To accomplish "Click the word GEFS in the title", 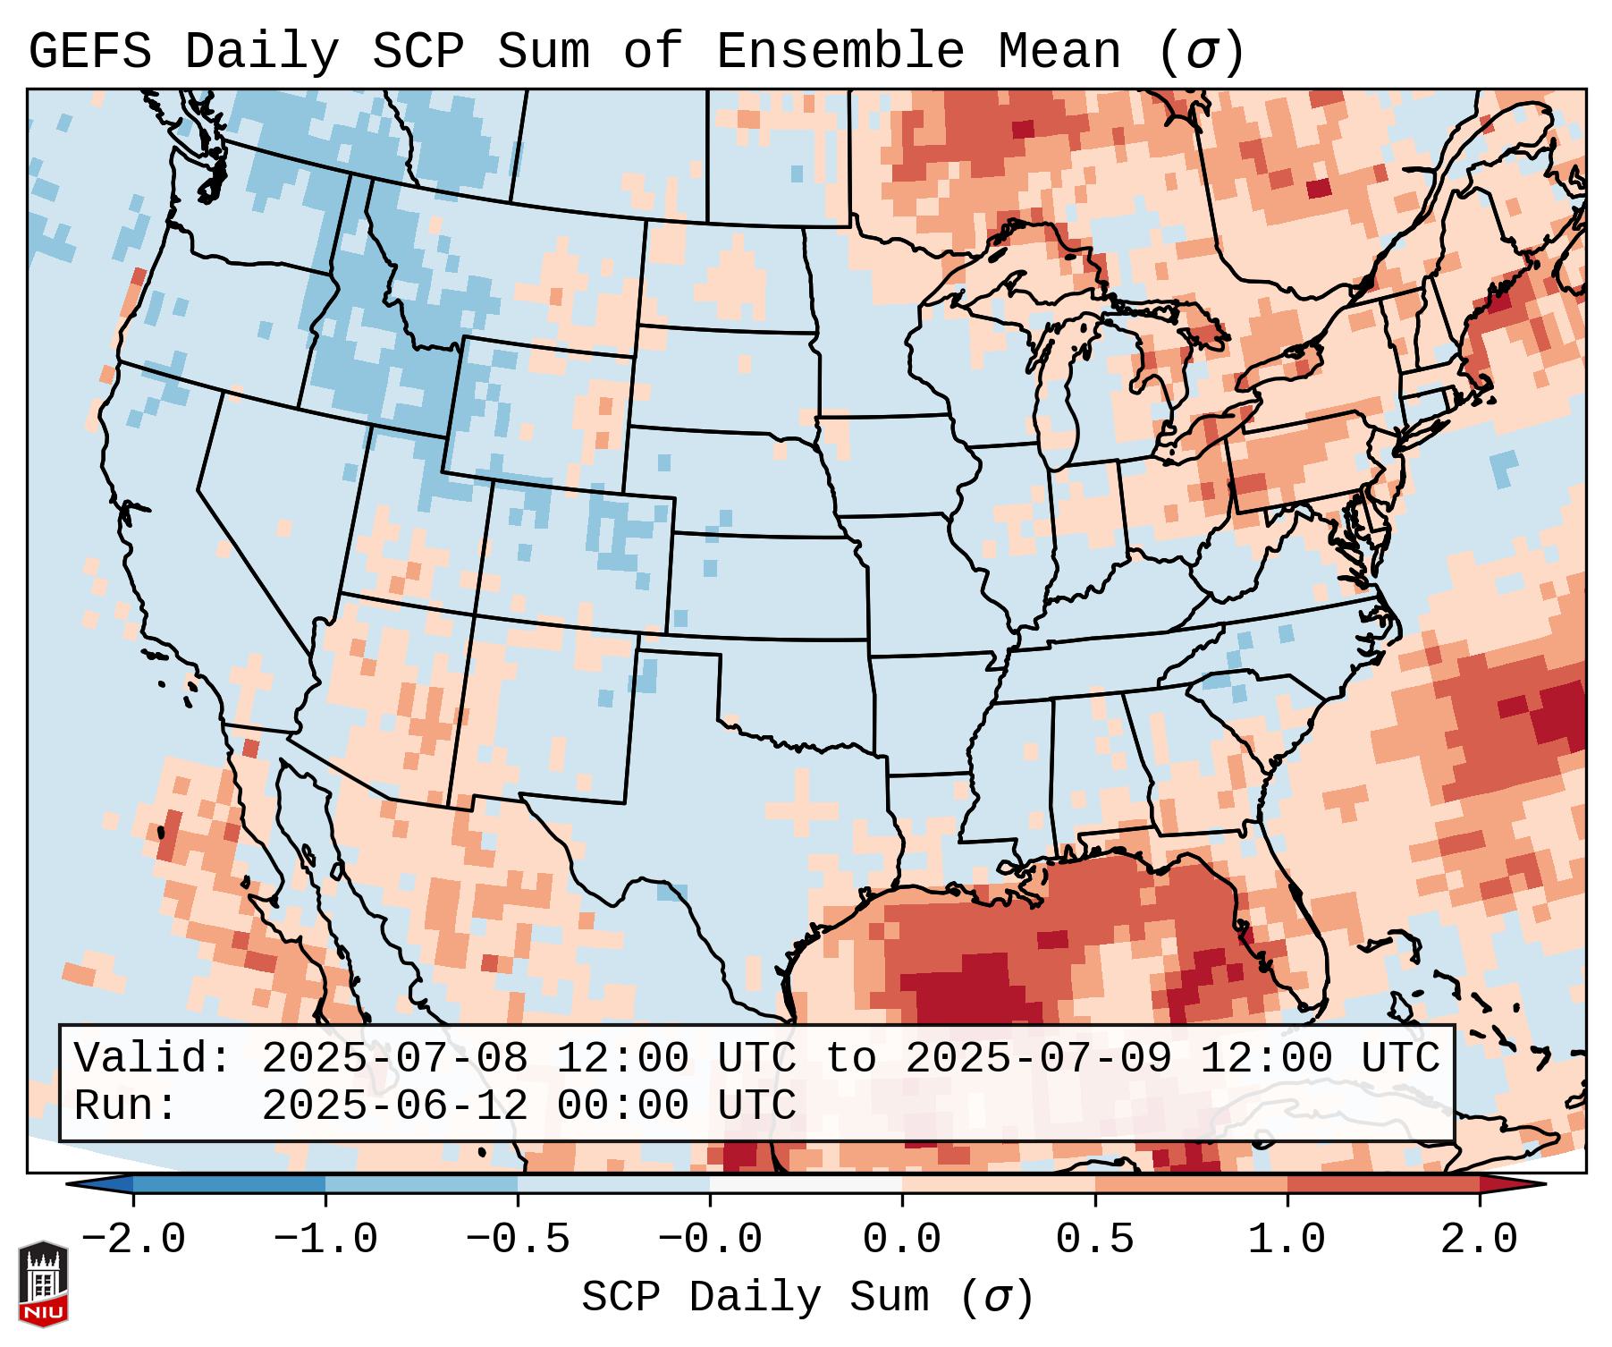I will tap(89, 51).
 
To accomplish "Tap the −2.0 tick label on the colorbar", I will tap(133, 1240).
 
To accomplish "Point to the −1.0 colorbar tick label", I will tap(325, 1240).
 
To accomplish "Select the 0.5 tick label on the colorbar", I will tap(1095, 1240).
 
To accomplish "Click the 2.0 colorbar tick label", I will tap(1480, 1240).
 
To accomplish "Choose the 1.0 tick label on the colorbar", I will tap(1287, 1240).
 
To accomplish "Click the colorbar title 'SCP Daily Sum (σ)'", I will tap(807, 1297).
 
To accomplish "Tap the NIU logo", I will tap(43, 1284).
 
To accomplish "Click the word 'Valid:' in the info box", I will tap(153, 1059).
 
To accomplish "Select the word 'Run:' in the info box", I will tap(126, 1106).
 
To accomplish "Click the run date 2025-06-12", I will tap(394, 1106).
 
